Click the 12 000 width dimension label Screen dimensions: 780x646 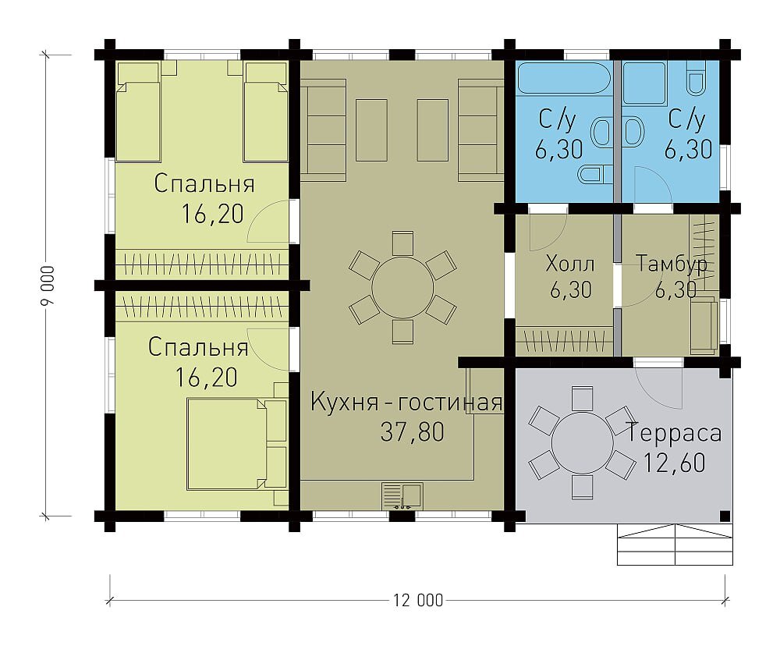point(418,600)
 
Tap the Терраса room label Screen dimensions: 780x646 point(674,432)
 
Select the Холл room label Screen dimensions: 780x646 point(569,263)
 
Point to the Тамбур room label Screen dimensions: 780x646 point(672,264)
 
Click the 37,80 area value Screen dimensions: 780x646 point(413,431)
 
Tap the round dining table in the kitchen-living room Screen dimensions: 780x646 point(402,287)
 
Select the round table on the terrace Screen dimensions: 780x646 point(582,442)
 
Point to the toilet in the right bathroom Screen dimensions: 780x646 point(695,79)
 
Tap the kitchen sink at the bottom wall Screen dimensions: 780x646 point(402,496)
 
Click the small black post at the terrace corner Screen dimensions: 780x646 point(725,516)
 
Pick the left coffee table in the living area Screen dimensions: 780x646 point(371,130)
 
